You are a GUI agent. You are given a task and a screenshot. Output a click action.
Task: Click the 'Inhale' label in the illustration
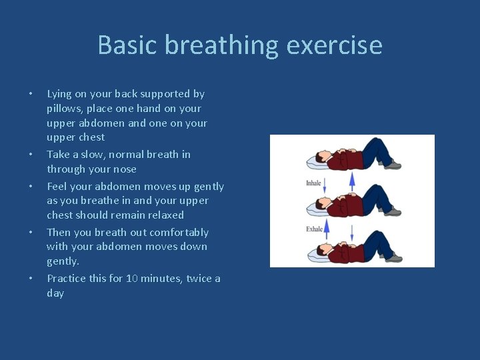tap(314, 183)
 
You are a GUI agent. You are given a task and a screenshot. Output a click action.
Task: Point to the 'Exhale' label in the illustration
tap(314, 229)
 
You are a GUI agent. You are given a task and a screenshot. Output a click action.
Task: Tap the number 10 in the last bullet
tap(132, 279)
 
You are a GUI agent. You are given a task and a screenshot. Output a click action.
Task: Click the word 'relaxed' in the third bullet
tap(165, 215)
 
